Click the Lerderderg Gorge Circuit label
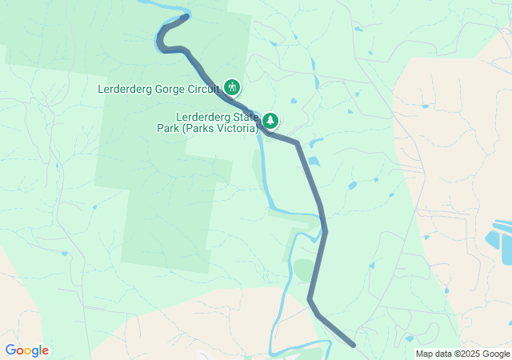click(x=159, y=88)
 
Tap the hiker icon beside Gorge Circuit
click(x=232, y=86)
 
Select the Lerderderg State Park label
click(x=218, y=122)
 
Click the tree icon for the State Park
click(x=271, y=121)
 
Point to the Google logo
click(x=26, y=350)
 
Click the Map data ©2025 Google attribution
click(x=462, y=354)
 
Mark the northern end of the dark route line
click(x=186, y=16)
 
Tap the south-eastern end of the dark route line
click(x=354, y=346)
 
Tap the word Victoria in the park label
click(x=237, y=128)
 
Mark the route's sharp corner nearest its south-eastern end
click(x=310, y=299)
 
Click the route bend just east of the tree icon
click(x=297, y=144)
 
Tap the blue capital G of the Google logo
click(x=10, y=350)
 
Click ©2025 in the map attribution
click(x=469, y=354)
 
